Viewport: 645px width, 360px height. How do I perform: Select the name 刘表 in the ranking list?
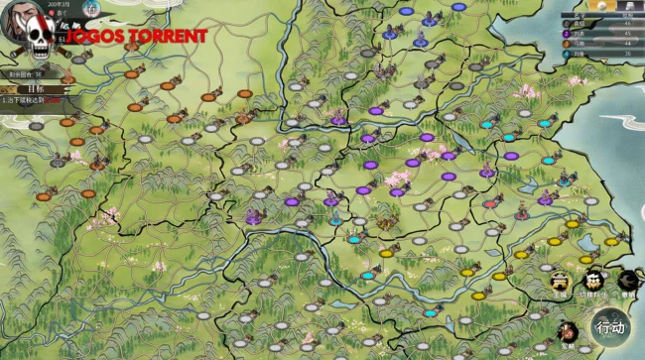(580, 35)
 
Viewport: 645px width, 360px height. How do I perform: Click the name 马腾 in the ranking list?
(580, 44)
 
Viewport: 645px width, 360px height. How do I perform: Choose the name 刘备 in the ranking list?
(580, 54)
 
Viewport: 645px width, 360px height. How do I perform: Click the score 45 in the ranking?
(626, 35)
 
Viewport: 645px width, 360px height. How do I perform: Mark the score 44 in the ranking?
(626, 44)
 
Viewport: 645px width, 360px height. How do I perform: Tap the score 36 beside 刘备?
(626, 54)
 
